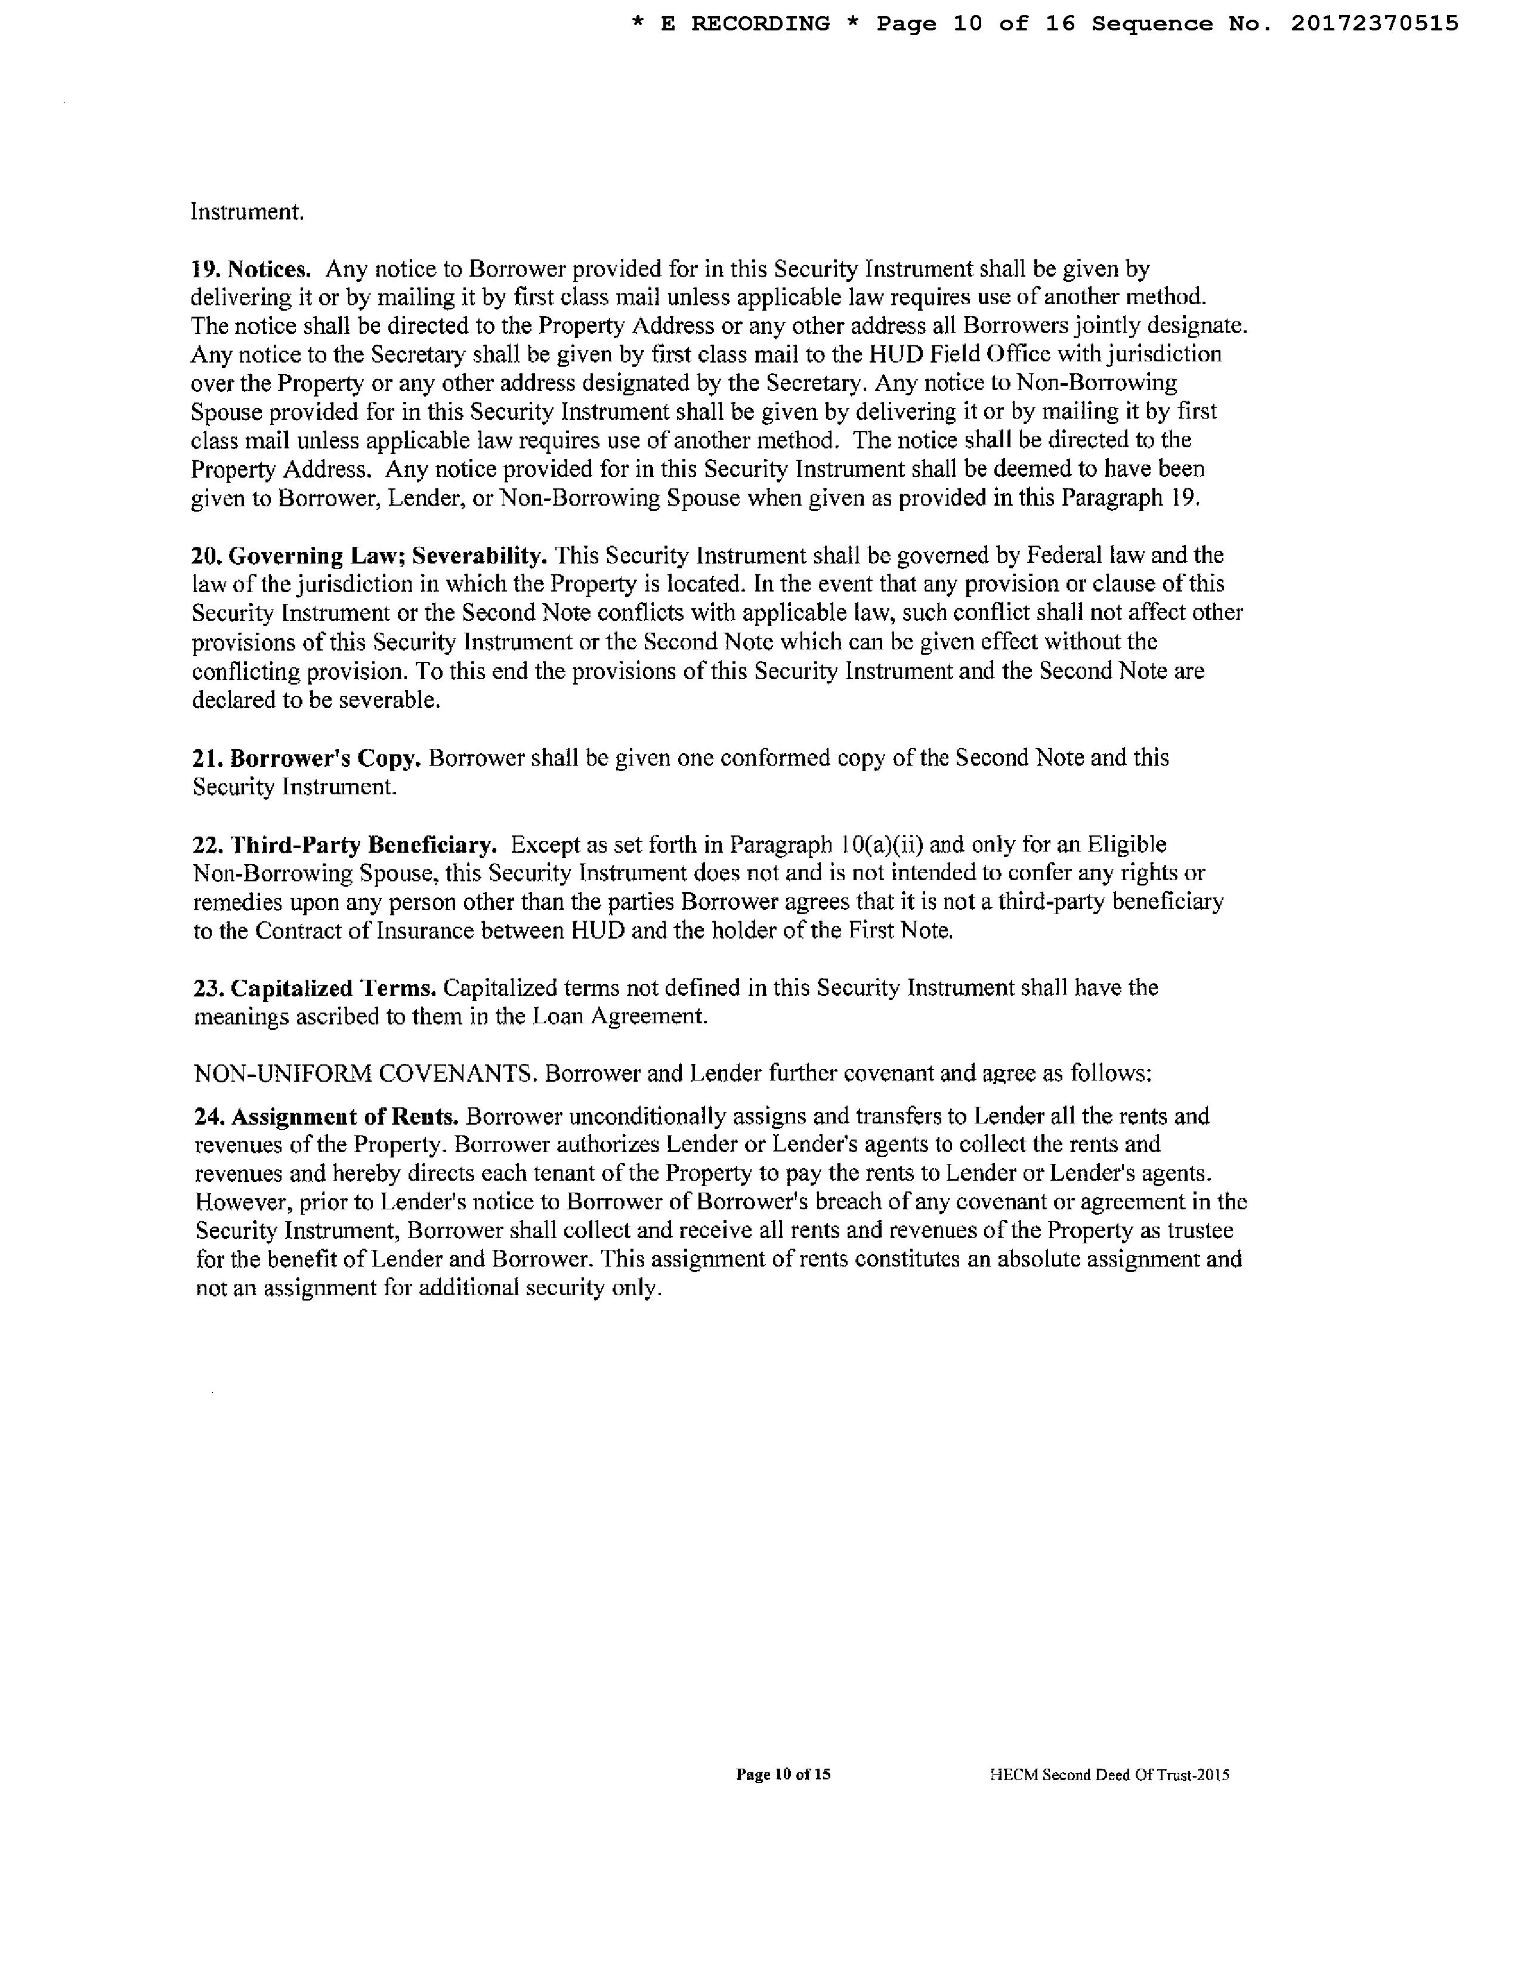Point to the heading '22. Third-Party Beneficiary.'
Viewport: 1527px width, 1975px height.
(x=345, y=844)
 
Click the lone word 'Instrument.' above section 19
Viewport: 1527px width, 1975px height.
(x=247, y=212)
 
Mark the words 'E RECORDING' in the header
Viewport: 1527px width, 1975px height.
(x=744, y=23)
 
